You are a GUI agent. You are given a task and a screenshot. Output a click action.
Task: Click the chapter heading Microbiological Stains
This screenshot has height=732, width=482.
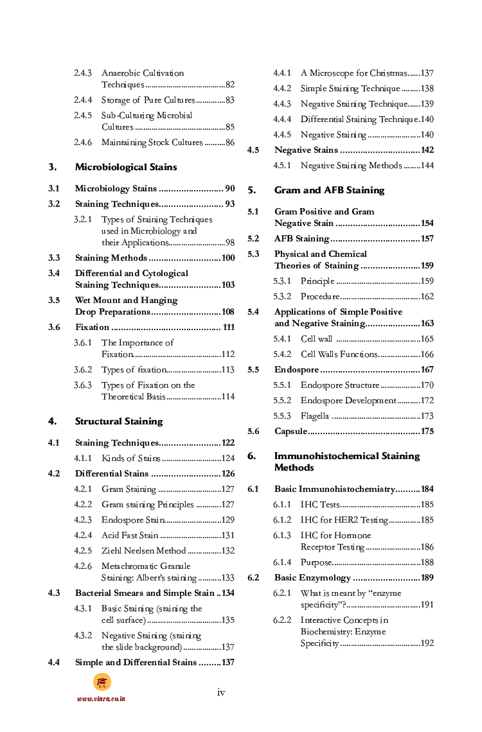coord(126,167)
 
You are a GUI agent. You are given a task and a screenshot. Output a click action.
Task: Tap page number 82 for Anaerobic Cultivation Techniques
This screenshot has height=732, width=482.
coord(229,85)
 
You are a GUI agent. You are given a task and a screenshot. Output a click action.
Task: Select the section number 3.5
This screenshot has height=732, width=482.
coord(54,300)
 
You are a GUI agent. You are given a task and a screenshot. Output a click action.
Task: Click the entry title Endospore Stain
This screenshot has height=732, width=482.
coord(133,520)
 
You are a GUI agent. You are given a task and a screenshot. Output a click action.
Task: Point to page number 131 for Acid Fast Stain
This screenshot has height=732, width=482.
coord(228,536)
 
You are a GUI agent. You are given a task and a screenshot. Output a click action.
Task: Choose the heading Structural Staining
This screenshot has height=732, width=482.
coord(119,421)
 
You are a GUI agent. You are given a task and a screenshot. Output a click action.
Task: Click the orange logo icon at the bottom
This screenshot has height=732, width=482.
coord(102,682)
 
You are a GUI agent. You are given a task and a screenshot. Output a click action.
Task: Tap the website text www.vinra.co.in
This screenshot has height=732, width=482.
coord(101,699)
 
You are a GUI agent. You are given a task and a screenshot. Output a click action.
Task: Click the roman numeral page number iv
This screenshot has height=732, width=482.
coord(221,692)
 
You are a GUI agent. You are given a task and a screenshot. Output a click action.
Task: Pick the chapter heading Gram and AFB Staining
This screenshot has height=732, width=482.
coord(329,190)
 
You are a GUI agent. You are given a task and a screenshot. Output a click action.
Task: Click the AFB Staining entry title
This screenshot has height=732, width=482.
coord(301,239)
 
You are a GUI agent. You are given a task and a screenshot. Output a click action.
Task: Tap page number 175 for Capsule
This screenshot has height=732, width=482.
coord(427,431)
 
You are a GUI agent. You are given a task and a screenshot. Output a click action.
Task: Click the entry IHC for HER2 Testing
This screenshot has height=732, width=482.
coord(344,520)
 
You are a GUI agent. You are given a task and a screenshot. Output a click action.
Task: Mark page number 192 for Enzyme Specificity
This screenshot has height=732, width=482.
coord(427,643)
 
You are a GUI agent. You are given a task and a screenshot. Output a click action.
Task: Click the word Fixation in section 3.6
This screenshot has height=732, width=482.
coord(92,327)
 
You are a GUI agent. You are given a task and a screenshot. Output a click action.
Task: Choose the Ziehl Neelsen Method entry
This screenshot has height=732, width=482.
coord(143,551)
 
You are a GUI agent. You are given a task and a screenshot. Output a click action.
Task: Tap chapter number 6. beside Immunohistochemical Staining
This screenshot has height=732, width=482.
coord(252,456)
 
